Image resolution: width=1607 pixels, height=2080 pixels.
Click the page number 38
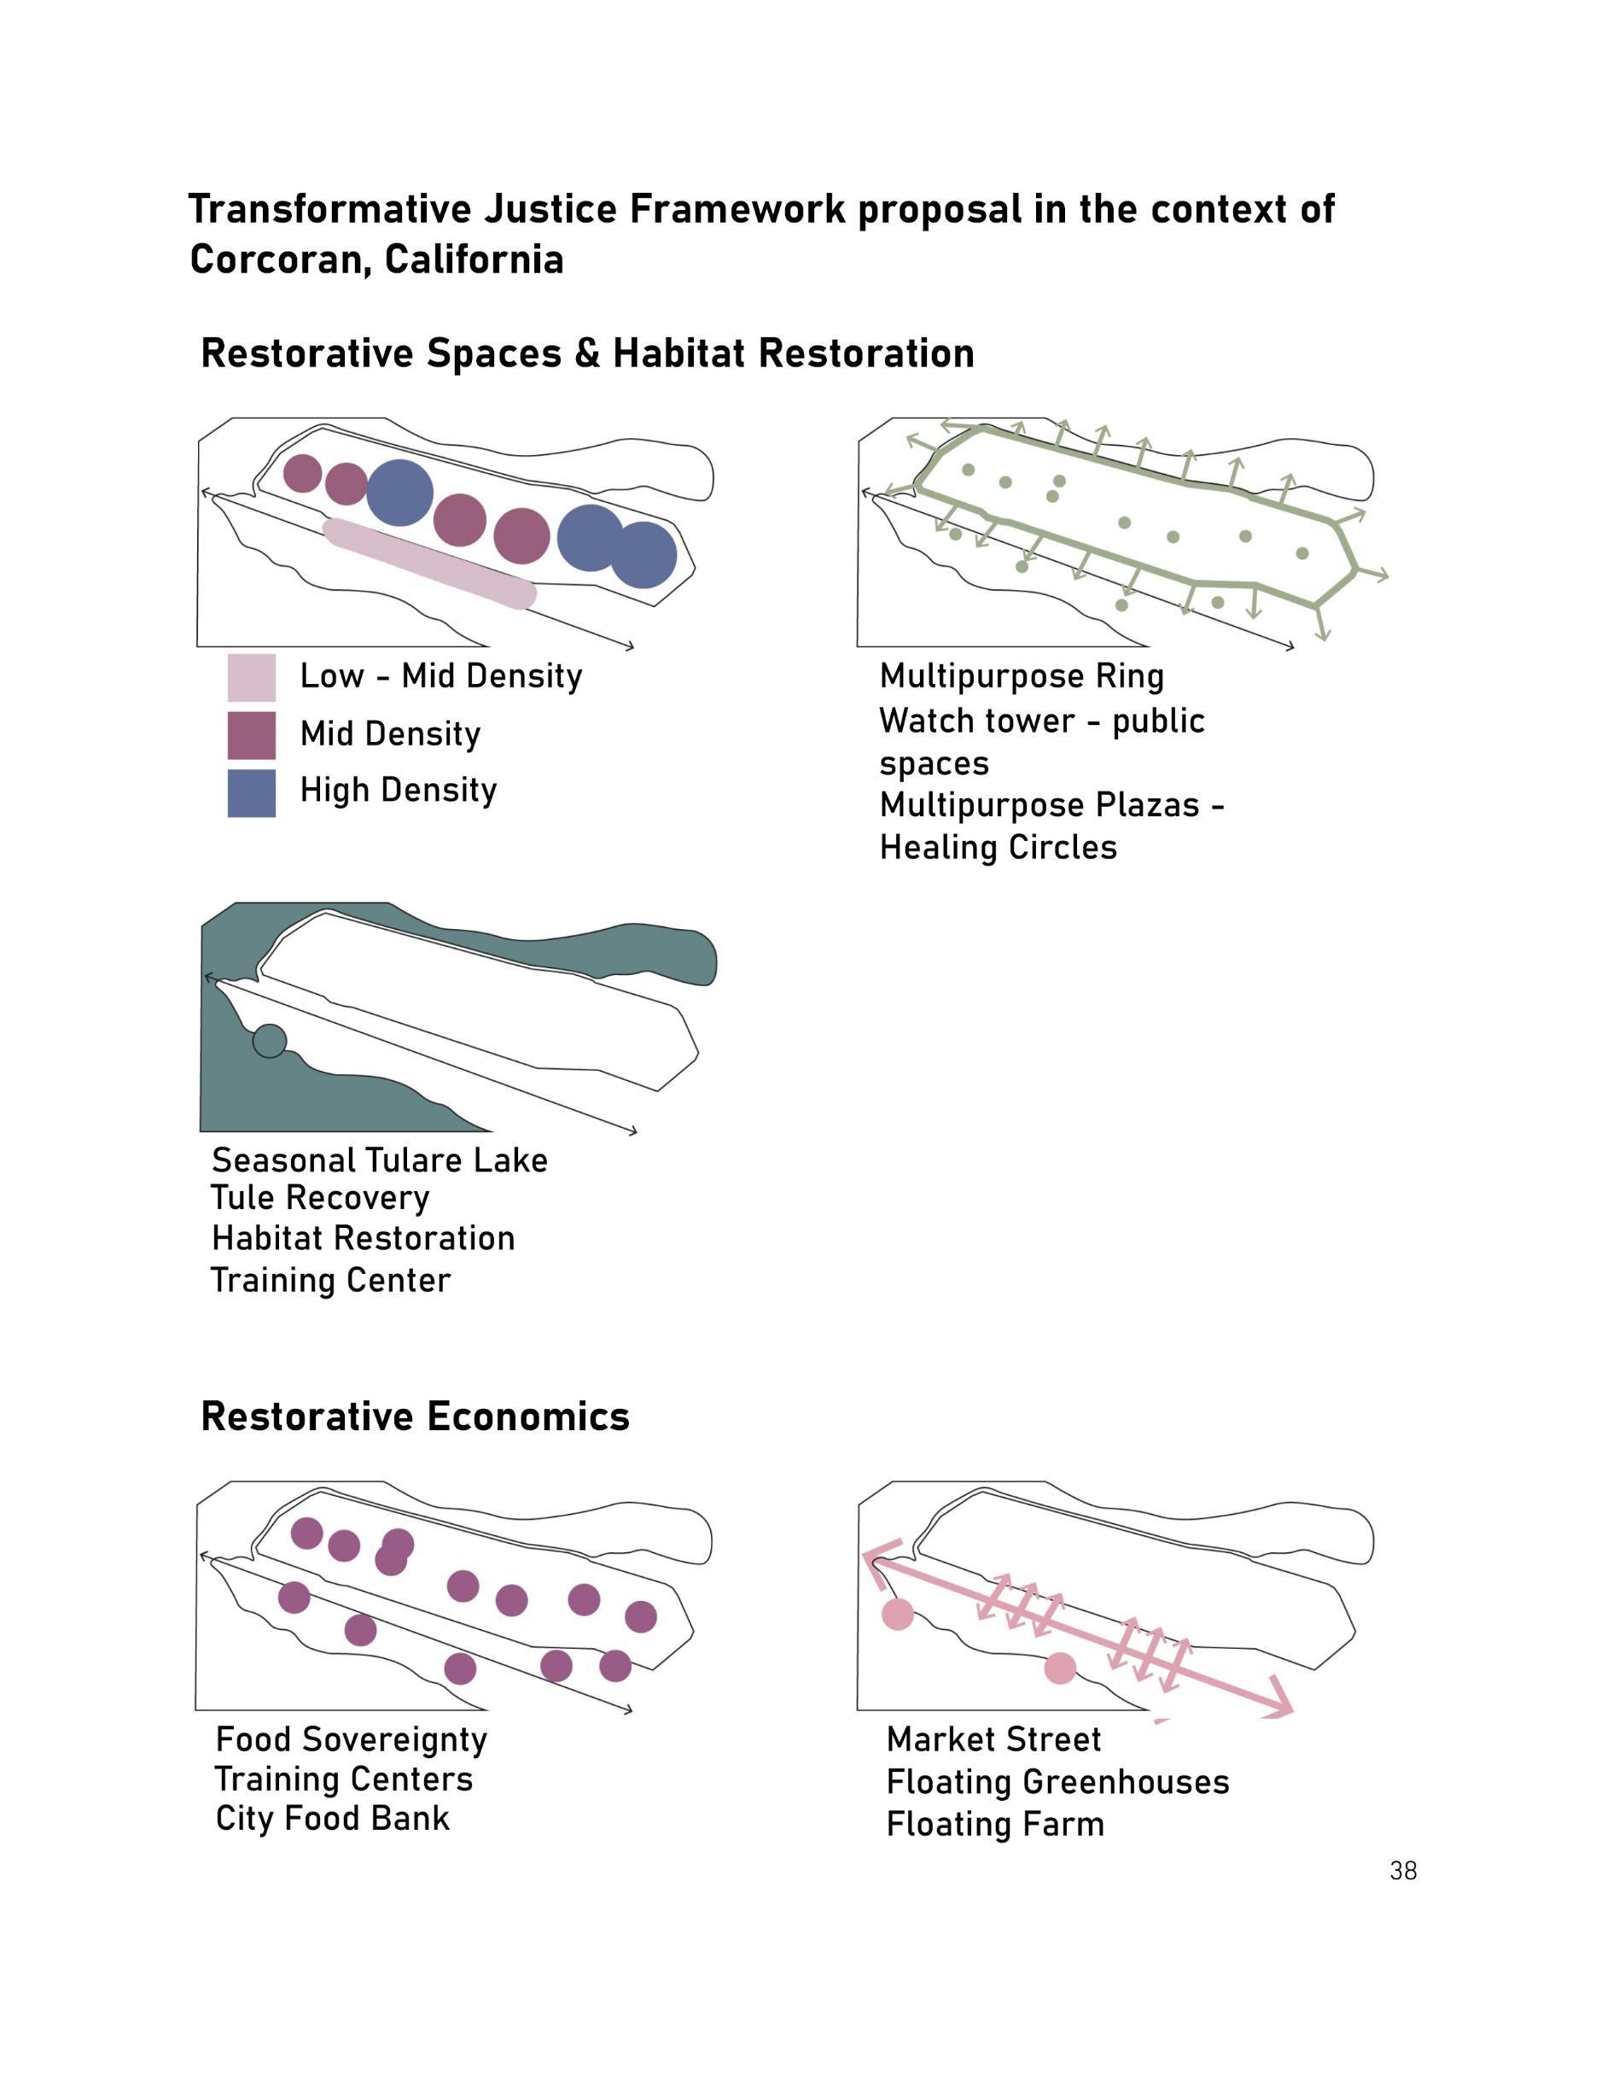pyautogui.click(x=1402, y=1871)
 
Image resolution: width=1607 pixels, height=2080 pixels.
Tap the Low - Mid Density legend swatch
pyautogui.click(x=251, y=677)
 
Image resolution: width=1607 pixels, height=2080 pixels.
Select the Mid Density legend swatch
pyautogui.click(x=251, y=734)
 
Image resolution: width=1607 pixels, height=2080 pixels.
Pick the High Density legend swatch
pyautogui.click(x=251, y=792)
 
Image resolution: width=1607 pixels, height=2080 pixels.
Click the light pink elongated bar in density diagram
pyautogui.click(x=429, y=563)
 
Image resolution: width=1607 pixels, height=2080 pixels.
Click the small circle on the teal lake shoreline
pyautogui.click(x=270, y=1041)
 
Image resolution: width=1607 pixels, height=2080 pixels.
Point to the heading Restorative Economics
pyautogui.click(x=415, y=1417)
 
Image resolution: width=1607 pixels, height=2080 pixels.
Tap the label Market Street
pyautogui.click(x=993, y=1740)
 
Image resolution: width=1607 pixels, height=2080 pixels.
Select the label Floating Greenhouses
pyautogui.click(x=1057, y=1782)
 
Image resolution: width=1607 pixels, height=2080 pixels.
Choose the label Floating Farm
pyautogui.click(x=995, y=1825)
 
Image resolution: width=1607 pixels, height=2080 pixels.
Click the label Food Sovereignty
pyautogui.click(x=352, y=1740)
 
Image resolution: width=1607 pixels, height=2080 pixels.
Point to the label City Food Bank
pyautogui.click(x=332, y=1818)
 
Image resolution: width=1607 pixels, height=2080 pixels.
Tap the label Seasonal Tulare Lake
pyautogui.click(x=379, y=1160)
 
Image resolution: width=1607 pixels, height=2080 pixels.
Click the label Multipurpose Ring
pyautogui.click(x=1022, y=676)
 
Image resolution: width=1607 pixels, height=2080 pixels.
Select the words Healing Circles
pyautogui.click(x=998, y=848)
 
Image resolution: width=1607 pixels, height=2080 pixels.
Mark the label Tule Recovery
pyautogui.click(x=320, y=1198)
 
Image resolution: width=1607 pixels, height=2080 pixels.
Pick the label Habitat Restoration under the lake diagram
pyautogui.click(x=363, y=1238)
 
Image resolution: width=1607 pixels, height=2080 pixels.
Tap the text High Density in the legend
pyautogui.click(x=398, y=791)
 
